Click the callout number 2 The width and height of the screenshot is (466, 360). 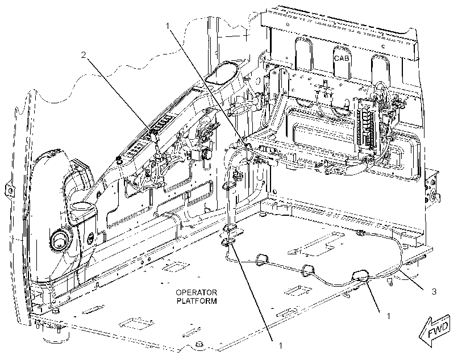coord(84,55)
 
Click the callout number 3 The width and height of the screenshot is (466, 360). coord(434,292)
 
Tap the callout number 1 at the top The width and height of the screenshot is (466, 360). coord(168,26)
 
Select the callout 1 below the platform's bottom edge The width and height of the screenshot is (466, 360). coord(280,345)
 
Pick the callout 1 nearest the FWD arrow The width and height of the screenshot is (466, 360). coord(388,316)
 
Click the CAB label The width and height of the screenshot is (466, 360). coord(342,58)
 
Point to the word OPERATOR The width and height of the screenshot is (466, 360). coord(197,292)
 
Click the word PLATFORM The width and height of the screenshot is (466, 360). coord(197,301)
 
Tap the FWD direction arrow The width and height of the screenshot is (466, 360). coord(435,330)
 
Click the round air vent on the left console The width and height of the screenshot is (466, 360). coord(60,239)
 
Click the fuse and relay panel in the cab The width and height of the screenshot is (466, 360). coord(368,125)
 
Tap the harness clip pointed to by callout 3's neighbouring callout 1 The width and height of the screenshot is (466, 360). coord(360,275)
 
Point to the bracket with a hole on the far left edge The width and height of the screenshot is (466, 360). coord(9,190)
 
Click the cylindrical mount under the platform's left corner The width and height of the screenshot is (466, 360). coord(56,334)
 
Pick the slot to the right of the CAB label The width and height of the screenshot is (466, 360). coord(381,68)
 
